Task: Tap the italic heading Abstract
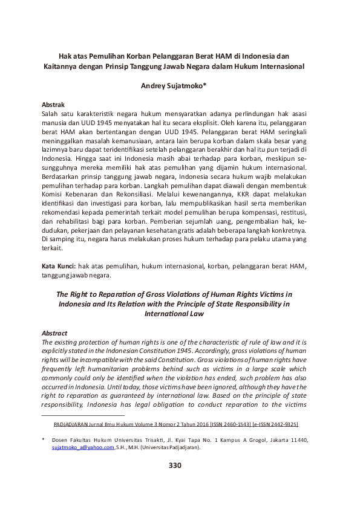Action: [54, 333]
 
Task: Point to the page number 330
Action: [174, 465]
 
